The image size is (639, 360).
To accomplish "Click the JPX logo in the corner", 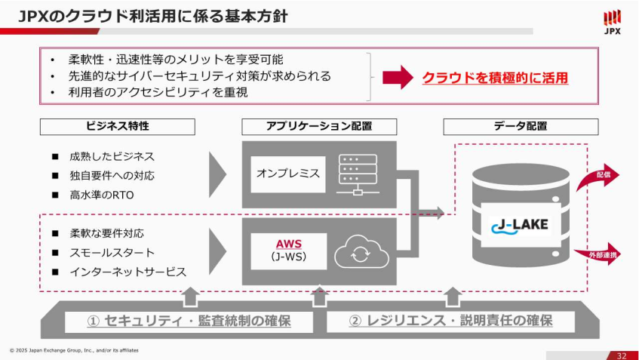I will tap(613, 22).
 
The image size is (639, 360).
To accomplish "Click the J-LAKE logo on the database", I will tap(520, 225).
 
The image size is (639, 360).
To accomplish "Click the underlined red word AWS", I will tap(289, 244).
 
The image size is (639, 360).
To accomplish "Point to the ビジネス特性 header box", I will tap(117, 126).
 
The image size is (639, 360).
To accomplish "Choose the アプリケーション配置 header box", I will tap(319, 126).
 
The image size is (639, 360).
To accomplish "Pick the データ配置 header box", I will tap(521, 126).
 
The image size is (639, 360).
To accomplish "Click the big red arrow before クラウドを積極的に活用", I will tap(398, 77).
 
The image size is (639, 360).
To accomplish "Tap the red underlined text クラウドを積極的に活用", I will tap(495, 77).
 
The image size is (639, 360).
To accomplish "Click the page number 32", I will tap(621, 355).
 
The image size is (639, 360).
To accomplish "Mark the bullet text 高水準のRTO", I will tap(101, 195).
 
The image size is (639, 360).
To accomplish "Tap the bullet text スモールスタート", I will tap(112, 252).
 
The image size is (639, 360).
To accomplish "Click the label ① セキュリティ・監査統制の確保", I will tap(189, 321).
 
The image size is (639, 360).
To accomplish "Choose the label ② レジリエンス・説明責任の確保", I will tap(450, 321).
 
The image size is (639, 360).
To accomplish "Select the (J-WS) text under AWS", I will tap(289, 257).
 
